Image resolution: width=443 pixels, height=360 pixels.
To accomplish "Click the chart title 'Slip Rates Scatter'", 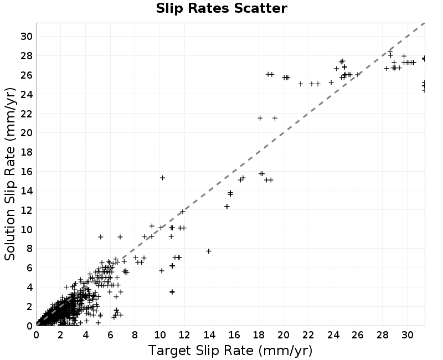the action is (x=221, y=8).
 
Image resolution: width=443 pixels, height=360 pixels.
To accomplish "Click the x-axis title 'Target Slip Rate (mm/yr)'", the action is (x=230, y=351).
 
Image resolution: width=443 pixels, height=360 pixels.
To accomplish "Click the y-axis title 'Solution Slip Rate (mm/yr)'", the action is (x=10, y=174).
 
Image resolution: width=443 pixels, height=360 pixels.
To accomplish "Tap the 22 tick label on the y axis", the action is (x=27, y=114).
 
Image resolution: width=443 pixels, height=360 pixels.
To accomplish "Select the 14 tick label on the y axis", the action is (x=27, y=191).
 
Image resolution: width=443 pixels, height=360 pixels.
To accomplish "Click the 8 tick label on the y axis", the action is (x=29, y=249).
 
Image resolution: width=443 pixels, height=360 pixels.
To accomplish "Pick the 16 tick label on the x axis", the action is (x=234, y=335).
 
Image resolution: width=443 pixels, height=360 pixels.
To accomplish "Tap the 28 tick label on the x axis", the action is (x=383, y=335).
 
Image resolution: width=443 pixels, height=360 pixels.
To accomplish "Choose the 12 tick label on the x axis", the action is (x=184, y=335).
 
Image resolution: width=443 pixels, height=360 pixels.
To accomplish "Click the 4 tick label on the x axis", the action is (x=86, y=335).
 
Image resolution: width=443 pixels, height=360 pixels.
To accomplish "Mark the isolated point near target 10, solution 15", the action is (x=162, y=178).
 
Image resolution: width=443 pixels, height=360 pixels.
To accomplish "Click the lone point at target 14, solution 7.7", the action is (x=209, y=251).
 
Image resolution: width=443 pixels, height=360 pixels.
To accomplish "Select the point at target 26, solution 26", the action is (x=358, y=75).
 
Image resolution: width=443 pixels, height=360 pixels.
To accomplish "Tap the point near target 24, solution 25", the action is (x=331, y=83).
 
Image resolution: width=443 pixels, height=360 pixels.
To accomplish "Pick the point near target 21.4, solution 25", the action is (x=301, y=84).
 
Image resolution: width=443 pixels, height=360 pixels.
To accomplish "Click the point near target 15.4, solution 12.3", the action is (x=227, y=207).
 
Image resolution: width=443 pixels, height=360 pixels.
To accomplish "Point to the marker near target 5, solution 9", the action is (x=101, y=237).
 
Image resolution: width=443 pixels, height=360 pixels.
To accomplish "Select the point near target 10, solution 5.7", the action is (x=162, y=271).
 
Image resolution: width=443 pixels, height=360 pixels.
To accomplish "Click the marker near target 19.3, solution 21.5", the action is (x=275, y=118).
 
